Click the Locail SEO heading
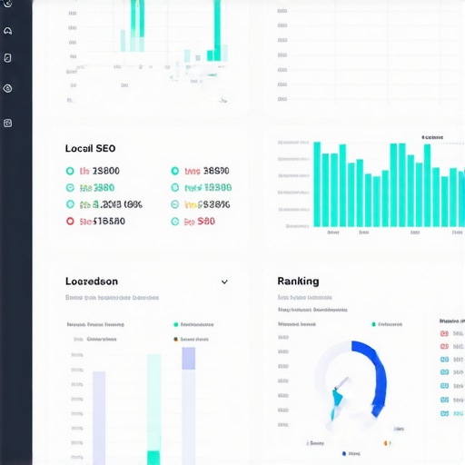pyautogui.click(x=90, y=148)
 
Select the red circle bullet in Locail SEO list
pyautogui.click(x=70, y=221)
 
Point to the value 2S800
pyautogui.click(x=99, y=171)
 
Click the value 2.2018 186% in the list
pyautogui.click(x=110, y=204)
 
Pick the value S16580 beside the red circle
pyautogui.click(x=102, y=221)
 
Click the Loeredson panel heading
pyautogui.click(x=91, y=282)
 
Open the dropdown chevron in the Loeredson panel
pyautogui.click(x=224, y=282)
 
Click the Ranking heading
pyautogui.click(x=298, y=282)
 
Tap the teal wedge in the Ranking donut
pyautogui.click(x=338, y=398)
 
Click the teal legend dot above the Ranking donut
pyautogui.click(x=373, y=324)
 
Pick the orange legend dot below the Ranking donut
pyautogui.click(x=386, y=443)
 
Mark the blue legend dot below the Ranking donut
pyautogui.click(x=344, y=452)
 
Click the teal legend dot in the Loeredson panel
pyautogui.click(x=174, y=324)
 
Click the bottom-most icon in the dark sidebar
pyautogui.click(x=8, y=123)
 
